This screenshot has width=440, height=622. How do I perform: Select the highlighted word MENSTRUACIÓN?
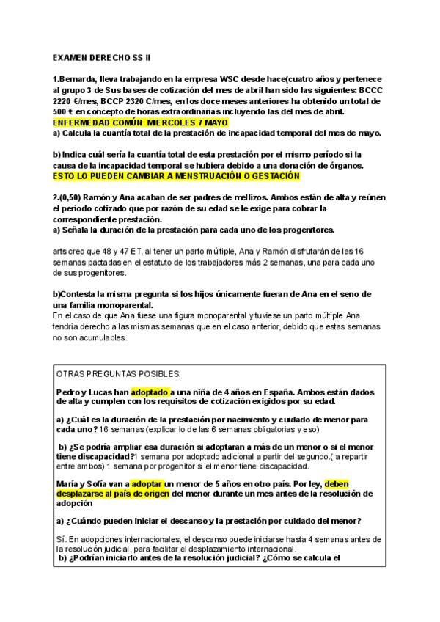pyautogui.click(x=207, y=177)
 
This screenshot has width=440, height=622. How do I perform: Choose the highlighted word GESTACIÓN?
pyautogui.click(x=272, y=177)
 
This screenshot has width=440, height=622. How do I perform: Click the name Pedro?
pyautogui.click(x=69, y=392)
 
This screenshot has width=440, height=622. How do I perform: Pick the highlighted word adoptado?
pyautogui.click(x=150, y=392)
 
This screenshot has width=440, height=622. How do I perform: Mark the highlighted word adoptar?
pyautogui.click(x=148, y=483)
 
